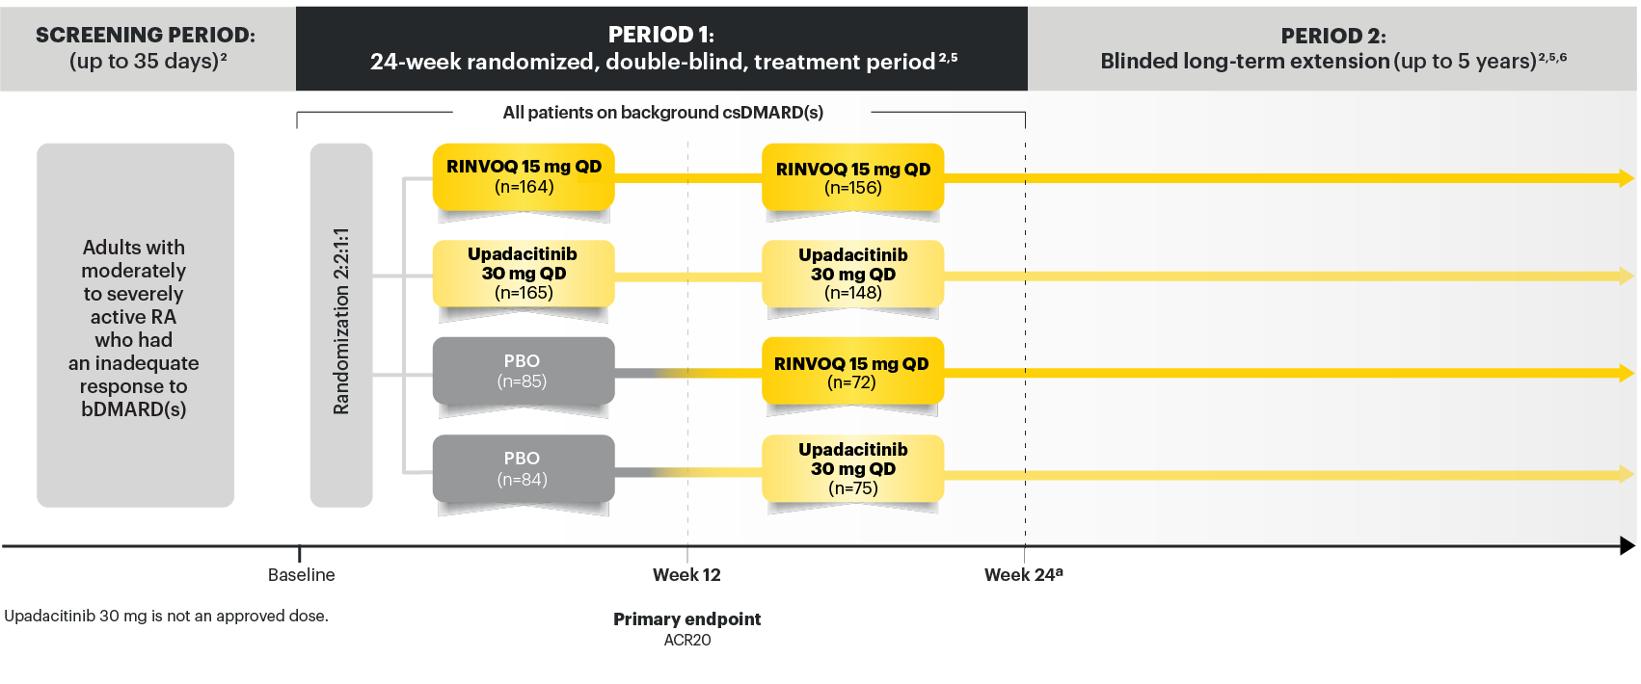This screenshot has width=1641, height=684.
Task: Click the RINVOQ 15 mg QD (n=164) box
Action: tap(524, 177)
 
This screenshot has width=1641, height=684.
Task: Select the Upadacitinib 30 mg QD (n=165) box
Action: tap(524, 274)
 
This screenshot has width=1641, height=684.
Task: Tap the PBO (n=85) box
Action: tap(524, 371)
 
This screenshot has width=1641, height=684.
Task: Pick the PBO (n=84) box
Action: tap(524, 469)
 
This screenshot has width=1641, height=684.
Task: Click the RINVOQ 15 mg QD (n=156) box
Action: tap(852, 178)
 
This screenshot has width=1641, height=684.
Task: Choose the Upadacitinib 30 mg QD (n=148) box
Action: tap(852, 275)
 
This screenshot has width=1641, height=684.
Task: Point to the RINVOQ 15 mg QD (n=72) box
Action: tap(852, 372)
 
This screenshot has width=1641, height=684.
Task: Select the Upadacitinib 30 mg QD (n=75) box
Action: tap(852, 469)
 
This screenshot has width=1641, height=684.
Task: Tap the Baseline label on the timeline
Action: tap(301, 575)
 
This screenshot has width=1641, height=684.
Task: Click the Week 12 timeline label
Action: tap(686, 575)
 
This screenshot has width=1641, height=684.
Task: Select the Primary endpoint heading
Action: tap(686, 619)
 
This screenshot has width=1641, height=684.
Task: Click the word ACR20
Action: tap(686, 641)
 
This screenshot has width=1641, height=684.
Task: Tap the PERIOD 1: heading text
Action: tap(661, 35)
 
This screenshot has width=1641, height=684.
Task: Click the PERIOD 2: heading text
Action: tap(1333, 36)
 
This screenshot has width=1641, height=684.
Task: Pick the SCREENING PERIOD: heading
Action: tap(146, 35)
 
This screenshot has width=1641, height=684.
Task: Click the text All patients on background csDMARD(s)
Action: tap(662, 113)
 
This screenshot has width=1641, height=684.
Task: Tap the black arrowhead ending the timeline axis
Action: tap(1628, 546)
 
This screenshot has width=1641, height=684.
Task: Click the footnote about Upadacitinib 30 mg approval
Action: tap(166, 617)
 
